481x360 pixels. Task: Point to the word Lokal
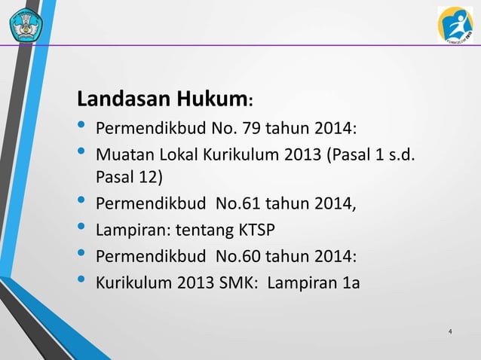176,156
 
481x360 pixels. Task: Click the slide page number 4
450,331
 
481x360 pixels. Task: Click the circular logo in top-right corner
455,24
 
